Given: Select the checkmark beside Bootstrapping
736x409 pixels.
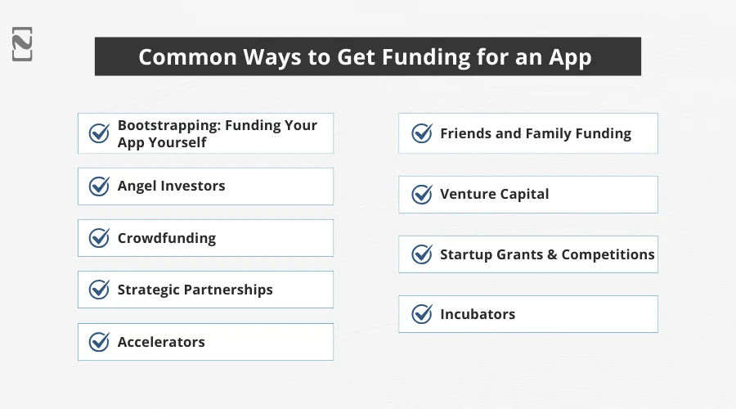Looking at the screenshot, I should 99,133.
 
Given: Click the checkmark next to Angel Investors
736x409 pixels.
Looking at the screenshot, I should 99,187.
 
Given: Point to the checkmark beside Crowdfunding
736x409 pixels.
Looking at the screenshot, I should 99,238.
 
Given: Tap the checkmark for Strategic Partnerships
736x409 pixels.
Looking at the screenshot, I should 99,290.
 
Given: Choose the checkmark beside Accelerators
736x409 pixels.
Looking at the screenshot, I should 99,342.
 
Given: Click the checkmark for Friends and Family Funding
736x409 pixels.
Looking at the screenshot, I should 422,133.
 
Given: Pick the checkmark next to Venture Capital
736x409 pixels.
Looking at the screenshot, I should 422,195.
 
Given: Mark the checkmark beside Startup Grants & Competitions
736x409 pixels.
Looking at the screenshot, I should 422,254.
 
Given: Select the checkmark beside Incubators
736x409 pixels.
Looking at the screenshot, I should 422,314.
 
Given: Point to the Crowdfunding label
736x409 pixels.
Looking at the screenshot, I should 167,238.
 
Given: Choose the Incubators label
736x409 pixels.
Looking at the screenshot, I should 478,314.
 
